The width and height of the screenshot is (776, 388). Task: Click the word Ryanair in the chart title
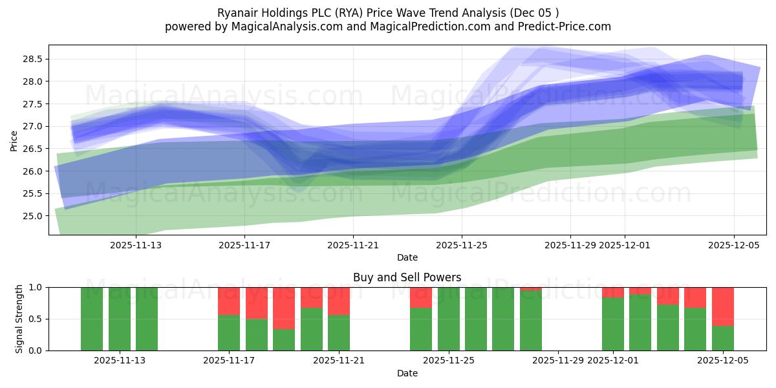(x=238, y=12)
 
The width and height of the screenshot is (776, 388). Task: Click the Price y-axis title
(x=14, y=140)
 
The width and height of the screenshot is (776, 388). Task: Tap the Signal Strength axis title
(x=19, y=319)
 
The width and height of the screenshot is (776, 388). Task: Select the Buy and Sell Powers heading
(x=407, y=277)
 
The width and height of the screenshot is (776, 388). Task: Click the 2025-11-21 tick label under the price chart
(x=353, y=245)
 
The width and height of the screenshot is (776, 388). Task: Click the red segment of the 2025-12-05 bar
(x=723, y=306)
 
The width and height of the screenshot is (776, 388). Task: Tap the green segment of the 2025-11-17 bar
(x=229, y=333)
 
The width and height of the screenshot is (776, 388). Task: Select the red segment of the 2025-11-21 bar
(x=339, y=301)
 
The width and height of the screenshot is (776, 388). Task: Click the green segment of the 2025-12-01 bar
(x=613, y=324)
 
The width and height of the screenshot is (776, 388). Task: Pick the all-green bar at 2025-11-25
(x=449, y=319)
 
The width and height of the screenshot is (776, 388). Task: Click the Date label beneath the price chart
(x=407, y=257)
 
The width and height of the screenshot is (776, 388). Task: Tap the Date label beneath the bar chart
(x=407, y=373)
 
